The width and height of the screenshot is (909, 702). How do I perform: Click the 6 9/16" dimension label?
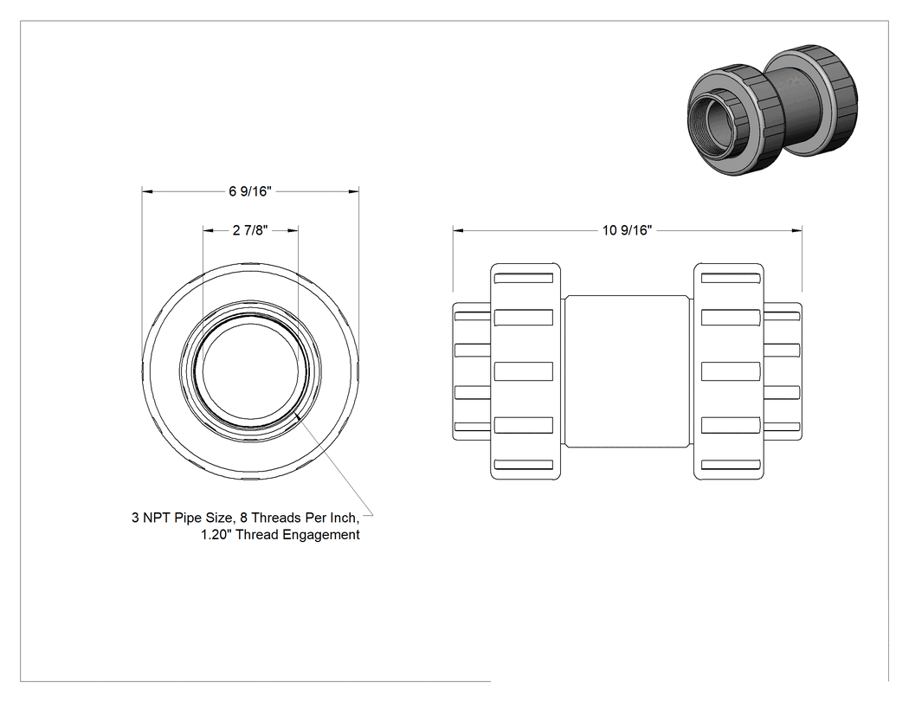click(250, 191)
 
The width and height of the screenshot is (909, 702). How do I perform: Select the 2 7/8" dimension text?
click(250, 230)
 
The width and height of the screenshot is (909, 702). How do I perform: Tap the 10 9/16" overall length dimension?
click(627, 230)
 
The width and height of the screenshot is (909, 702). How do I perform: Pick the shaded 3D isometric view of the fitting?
click(772, 109)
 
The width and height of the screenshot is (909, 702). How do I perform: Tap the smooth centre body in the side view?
click(628, 371)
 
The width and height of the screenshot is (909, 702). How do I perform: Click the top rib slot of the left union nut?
click(524, 278)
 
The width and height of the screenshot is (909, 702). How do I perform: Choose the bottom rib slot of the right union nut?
click(731, 465)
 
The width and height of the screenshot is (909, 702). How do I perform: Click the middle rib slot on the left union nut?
click(524, 371)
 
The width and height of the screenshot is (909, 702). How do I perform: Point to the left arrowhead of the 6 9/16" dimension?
click(147, 191)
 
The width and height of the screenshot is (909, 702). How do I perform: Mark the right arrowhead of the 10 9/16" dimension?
click(797, 230)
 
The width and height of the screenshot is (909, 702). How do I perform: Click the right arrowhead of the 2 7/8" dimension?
click(293, 230)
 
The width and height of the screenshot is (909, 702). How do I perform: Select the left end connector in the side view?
click(472, 371)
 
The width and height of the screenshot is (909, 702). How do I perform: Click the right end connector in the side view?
click(783, 371)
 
